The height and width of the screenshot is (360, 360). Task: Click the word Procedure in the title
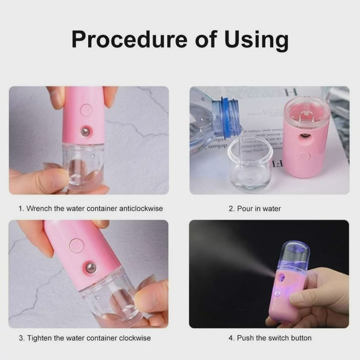coord(130,39)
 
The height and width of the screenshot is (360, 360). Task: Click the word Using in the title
coord(256,40)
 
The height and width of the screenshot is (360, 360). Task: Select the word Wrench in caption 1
coord(39,208)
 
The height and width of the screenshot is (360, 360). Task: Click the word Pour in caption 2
coord(245,208)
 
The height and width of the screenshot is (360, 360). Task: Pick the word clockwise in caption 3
coord(135,338)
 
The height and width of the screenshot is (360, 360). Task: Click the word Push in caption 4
coord(245,338)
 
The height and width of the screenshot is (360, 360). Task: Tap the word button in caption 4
coord(301,338)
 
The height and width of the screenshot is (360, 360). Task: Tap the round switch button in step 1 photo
coord(86,110)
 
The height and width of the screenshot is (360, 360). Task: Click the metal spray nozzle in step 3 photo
coord(90,267)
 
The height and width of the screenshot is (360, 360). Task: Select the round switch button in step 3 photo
coord(77,245)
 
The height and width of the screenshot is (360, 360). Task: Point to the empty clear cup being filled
coord(250,164)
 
